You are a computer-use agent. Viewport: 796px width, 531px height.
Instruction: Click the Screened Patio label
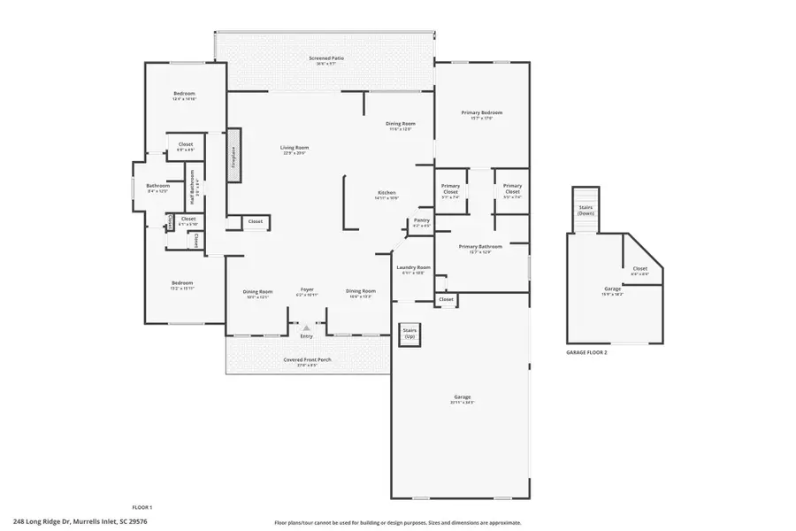pos(326,58)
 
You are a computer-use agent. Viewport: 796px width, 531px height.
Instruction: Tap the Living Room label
pos(295,149)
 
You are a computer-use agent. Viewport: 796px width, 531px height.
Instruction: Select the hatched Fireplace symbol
pos(234,156)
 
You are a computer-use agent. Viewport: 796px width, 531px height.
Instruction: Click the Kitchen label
pos(387,194)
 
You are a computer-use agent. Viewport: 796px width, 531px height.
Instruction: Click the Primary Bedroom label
pos(482,113)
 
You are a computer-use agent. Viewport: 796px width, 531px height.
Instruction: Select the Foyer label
pos(307,290)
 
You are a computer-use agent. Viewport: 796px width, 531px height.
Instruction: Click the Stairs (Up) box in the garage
pos(410,334)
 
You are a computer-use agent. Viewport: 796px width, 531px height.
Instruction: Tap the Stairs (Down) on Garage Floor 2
pos(586,208)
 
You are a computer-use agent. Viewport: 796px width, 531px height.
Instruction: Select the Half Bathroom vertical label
pos(193,189)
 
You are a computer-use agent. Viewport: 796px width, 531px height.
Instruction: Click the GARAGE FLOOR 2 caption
pos(586,352)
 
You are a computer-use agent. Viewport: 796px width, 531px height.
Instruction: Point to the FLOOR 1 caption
pos(142,507)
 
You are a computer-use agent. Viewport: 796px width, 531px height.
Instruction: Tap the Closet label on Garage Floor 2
pos(639,270)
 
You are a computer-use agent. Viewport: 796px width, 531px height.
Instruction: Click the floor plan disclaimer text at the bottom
pos(397,522)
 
